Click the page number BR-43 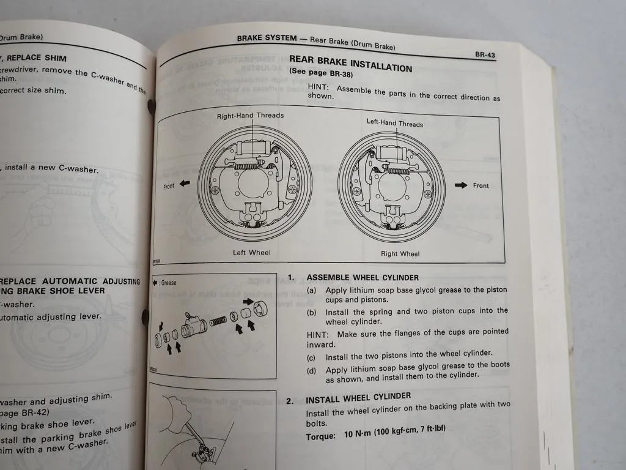click(x=485, y=54)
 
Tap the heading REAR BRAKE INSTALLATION click(x=350, y=64)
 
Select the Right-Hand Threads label click(x=250, y=115)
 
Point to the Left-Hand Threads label click(x=394, y=123)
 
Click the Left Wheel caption click(x=251, y=252)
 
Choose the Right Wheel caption click(x=400, y=253)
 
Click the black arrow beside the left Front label click(x=185, y=183)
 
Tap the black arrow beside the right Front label click(x=460, y=185)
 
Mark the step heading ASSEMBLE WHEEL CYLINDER click(x=363, y=277)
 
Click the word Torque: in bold click(x=321, y=436)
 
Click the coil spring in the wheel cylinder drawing click(x=218, y=321)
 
